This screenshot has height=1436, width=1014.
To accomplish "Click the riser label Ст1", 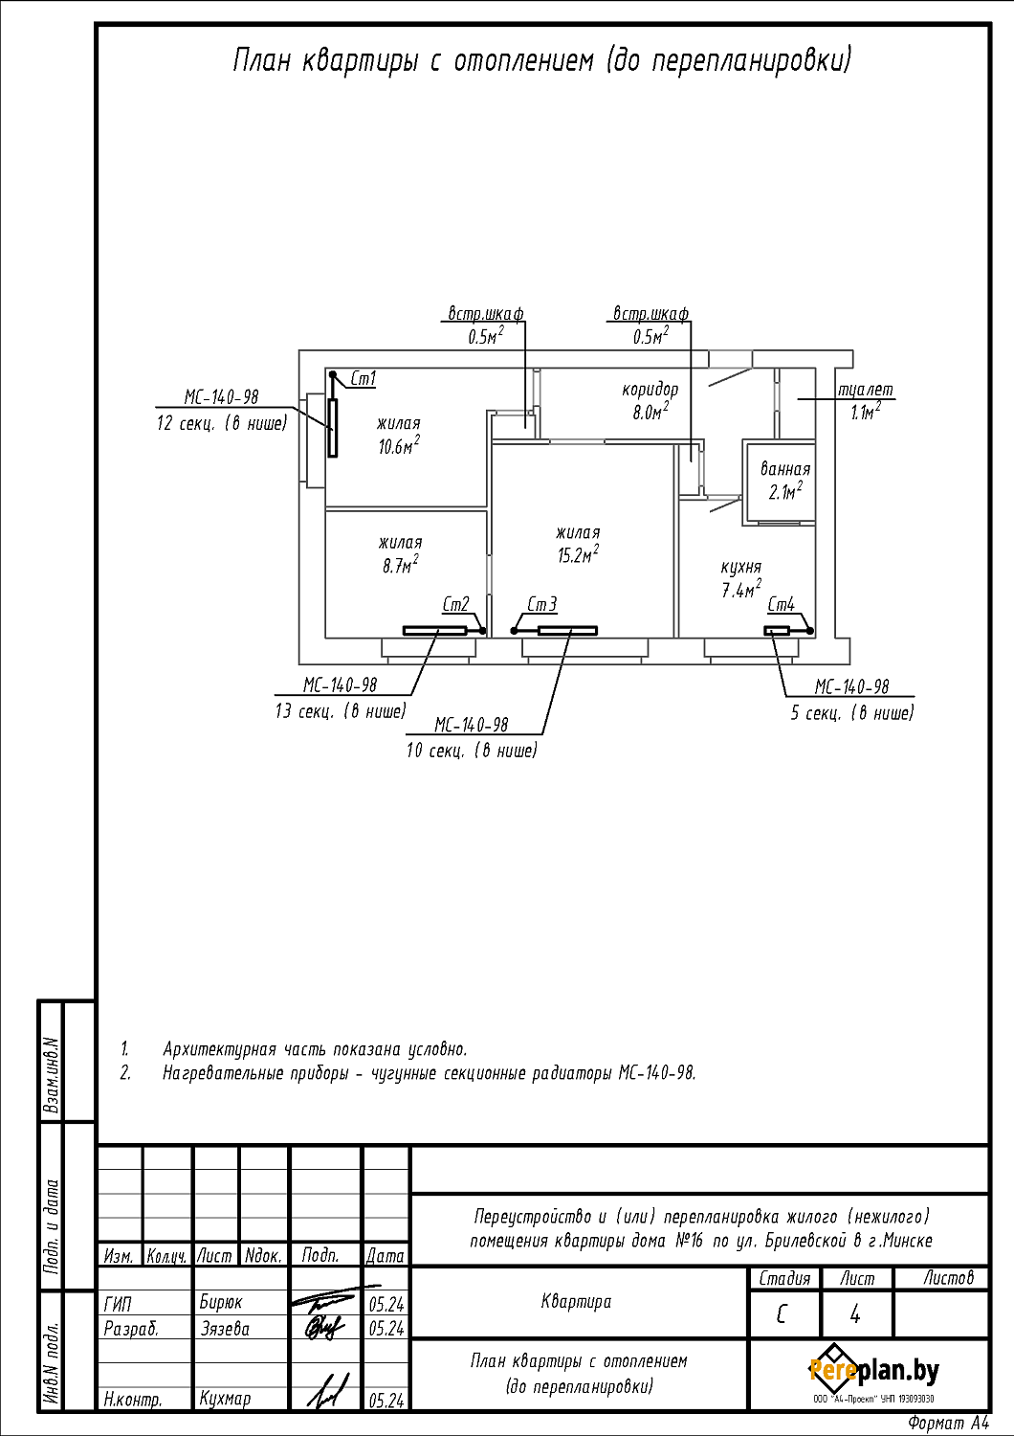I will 364,379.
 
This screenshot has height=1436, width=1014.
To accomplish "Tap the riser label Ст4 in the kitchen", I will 782,605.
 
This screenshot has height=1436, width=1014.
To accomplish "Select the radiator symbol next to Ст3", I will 567,631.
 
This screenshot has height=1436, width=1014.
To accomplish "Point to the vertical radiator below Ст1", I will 333,427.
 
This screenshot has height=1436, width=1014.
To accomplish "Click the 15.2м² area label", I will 578,555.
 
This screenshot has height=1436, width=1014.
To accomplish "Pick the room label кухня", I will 741,567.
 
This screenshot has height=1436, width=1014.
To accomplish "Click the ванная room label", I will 785,469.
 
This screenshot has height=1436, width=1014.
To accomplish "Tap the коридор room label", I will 650,390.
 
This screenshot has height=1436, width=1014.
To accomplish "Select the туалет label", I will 866,390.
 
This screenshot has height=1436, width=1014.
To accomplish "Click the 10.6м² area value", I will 399,446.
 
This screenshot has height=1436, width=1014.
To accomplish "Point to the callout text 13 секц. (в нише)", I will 341,711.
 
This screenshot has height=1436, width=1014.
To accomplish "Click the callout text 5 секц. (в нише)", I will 852,713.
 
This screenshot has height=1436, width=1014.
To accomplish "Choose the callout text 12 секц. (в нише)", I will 222,423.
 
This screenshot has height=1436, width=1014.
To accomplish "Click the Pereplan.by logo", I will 873,1371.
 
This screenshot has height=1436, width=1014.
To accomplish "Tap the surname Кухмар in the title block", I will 226,1399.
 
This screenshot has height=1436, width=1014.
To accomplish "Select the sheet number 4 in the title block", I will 855,1315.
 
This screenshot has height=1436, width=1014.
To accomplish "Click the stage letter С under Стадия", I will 783,1315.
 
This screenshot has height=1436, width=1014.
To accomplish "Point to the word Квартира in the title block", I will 576,1302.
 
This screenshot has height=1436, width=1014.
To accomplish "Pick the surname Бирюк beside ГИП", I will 221,1303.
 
